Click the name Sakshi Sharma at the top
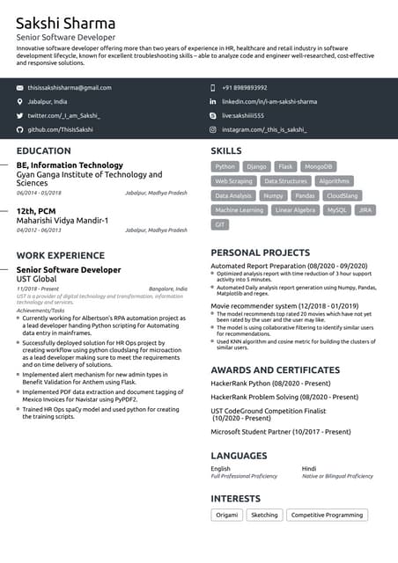pos(65,21)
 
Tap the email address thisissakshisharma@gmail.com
pos(70,88)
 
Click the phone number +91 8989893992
pos(244,88)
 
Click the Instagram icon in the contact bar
pos(212,129)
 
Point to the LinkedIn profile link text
pos(269,102)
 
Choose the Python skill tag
pos(225,166)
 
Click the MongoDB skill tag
pos(318,166)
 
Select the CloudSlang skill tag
pos(342,195)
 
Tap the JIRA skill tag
pos(365,210)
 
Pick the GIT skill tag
pos(220,225)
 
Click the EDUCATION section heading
pos(44,151)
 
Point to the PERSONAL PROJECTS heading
pos(261,252)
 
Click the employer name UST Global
pos(36,279)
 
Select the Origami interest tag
pos(226,515)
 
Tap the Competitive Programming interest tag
pos(327,515)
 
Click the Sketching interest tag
pos(264,515)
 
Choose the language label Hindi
pos(309,469)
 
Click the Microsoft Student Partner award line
pos(281,432)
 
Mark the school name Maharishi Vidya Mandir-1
pos(63,220)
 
